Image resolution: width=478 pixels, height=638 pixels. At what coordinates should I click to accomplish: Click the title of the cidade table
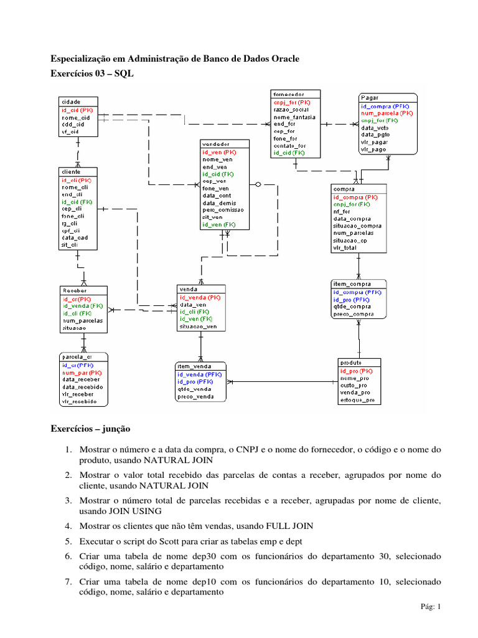tap(70, 101)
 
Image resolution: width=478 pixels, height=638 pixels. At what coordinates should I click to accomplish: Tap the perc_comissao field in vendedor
tap(223, 210)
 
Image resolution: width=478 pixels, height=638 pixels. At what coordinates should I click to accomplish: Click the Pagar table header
tap(370, 98)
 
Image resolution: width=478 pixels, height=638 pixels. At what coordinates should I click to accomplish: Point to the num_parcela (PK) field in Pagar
tap(387, 113)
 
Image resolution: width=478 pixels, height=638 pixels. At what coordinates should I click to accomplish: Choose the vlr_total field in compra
tap(346, 248)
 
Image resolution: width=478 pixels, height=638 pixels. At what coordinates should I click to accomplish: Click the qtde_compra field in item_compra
tap(352, 307)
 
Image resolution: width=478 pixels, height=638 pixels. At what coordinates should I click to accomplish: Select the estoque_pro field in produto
tap(357, 401)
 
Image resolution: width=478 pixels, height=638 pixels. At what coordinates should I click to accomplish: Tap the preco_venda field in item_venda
tap(196, 396)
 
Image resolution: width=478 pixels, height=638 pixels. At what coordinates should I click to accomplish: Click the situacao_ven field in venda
tap(198, 326)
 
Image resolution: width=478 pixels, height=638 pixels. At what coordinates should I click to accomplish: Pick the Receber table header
tap(74, 290)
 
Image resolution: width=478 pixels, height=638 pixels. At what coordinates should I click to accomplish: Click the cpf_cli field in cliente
tap(70, 231)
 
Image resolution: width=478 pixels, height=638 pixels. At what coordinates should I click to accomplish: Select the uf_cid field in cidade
tap(70, 131)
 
